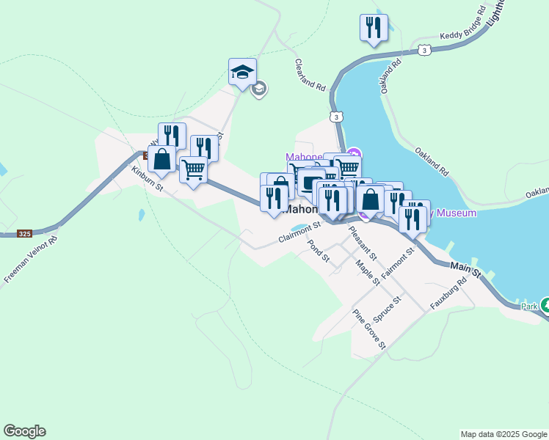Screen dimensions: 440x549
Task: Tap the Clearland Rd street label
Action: (310, 75)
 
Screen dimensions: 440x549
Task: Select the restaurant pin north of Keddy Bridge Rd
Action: (373, 28)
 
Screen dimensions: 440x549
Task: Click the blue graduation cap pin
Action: (242, 72)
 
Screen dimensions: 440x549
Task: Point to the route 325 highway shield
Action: (24, 234)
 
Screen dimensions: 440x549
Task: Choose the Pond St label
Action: (320, 252)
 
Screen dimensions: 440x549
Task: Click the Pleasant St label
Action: (363, 243)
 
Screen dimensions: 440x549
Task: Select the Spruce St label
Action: (388, 309)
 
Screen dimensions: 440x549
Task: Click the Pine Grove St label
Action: (369, 329)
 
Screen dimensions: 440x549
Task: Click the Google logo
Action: (24, 431)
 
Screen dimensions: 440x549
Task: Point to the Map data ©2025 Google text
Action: (503, 434)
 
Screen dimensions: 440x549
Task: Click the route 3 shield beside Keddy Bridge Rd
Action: (425, 50)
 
